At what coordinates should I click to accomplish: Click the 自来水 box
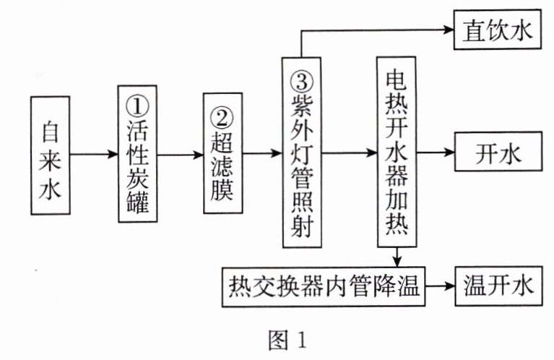(51, 155)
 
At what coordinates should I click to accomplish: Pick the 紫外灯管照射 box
(303, 154)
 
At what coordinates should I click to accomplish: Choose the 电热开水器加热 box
(397, 153)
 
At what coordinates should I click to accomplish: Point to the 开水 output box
(498, 153)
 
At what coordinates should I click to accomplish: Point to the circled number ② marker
(222, 116)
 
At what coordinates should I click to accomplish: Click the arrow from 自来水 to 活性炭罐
(94, 154)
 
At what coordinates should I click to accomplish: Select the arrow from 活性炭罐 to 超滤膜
(180, 154)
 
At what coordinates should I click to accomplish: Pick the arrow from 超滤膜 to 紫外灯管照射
(261, 154)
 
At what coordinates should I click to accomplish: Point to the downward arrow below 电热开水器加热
(397, 257)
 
